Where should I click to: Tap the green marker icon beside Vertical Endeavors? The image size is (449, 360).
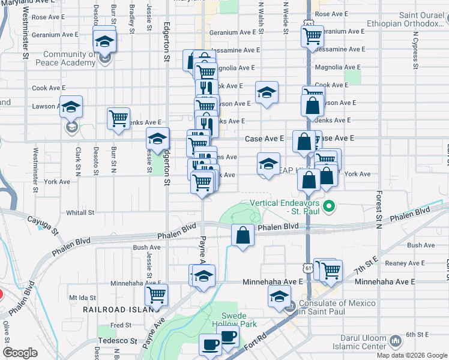(x=328, y=208)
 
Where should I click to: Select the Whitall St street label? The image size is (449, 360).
(x=80, y=212)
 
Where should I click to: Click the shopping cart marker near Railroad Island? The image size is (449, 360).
(x=156, y=295)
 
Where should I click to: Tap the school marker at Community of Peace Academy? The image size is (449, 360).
(x=104, y=42)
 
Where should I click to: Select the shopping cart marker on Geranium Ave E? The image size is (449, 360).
(x=312, y=37)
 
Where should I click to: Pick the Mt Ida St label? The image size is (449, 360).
(x=83, y=297)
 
